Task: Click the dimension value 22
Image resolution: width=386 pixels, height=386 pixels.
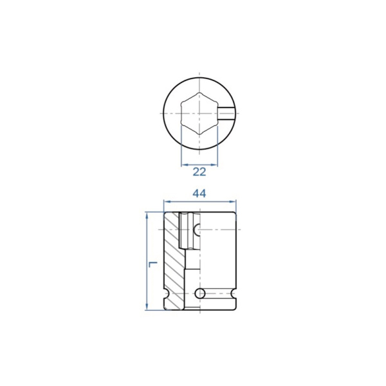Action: (199, 172)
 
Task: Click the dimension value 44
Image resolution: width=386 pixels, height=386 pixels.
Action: (199, 194)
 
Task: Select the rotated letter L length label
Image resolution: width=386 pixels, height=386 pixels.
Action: (152, 264)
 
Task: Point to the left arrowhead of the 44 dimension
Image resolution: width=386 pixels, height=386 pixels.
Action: (167, 202)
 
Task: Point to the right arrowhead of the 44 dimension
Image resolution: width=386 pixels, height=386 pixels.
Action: (233, 202)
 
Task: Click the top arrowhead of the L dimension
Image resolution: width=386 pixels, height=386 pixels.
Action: (147, 216)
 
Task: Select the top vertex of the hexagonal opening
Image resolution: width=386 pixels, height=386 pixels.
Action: (199, 93)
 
